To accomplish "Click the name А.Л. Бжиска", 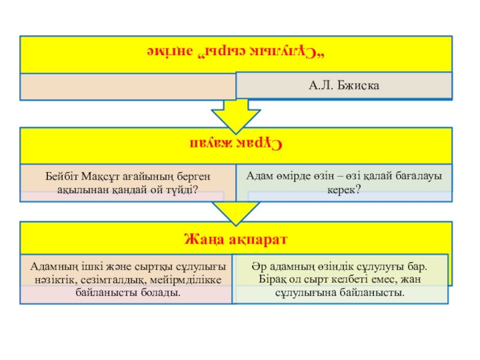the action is pyautogui.click(x=344, y=86).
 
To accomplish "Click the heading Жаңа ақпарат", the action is pyautogui.click(x=236, y=239).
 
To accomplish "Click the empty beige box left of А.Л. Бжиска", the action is pyautogui.click(x=127, y=86).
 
